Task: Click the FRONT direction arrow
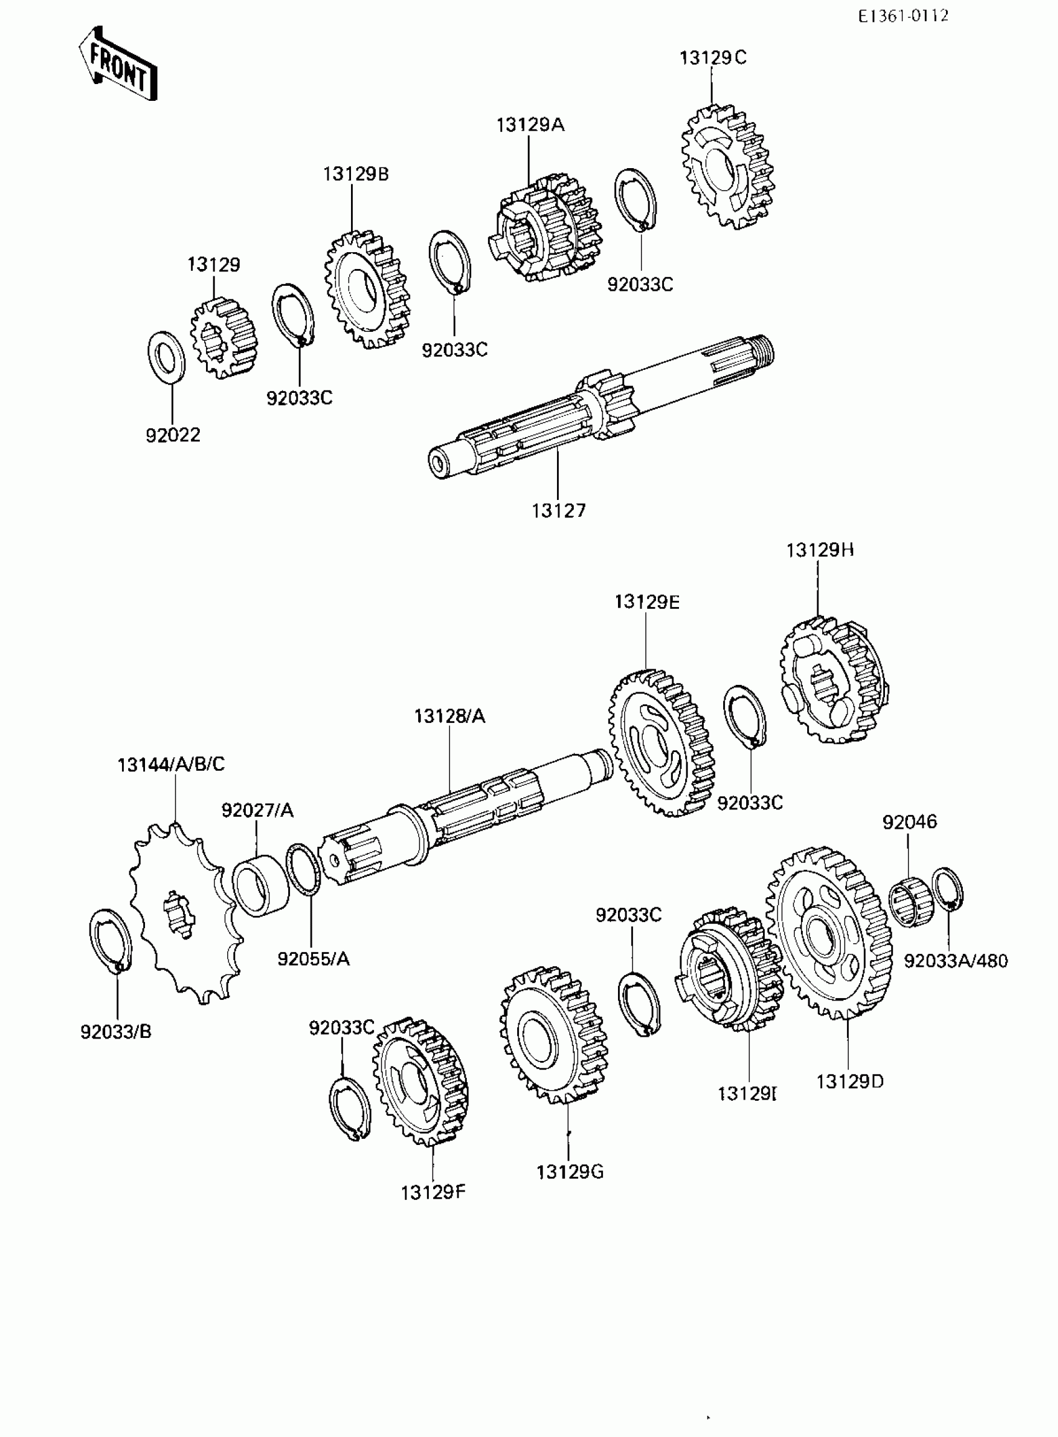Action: pos(118,64)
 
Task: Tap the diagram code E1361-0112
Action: pos(903,16)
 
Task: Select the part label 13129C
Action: pos(713,59)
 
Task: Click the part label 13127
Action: pos(558,511)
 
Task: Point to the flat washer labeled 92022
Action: pos(167,356)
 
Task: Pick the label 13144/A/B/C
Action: pos(171,765)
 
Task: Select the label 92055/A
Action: pos(313,959)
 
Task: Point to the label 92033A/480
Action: pos(955,961)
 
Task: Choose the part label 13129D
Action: pos(850,1082)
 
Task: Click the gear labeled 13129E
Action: pos(661,743)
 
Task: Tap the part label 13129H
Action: pos(820,550)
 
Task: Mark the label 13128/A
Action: pos(449,716)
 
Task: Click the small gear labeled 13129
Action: pos(223,337)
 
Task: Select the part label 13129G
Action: pos(570,1172)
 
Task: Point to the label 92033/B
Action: pos(116,1032)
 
